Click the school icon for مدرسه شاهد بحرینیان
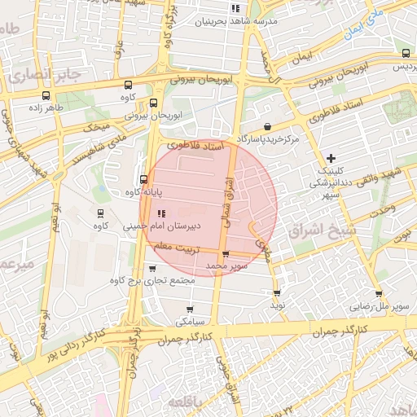click(235, 8)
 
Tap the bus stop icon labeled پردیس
click(406, 53)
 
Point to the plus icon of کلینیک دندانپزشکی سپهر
click(330, 158)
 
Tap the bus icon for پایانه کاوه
click(143, 180)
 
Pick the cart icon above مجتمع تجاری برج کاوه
click(152, 267)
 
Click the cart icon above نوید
click(277, 292)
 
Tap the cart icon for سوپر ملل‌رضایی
click(379, 295)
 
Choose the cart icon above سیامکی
click(190, 309)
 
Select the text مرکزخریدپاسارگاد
click(268, 140)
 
